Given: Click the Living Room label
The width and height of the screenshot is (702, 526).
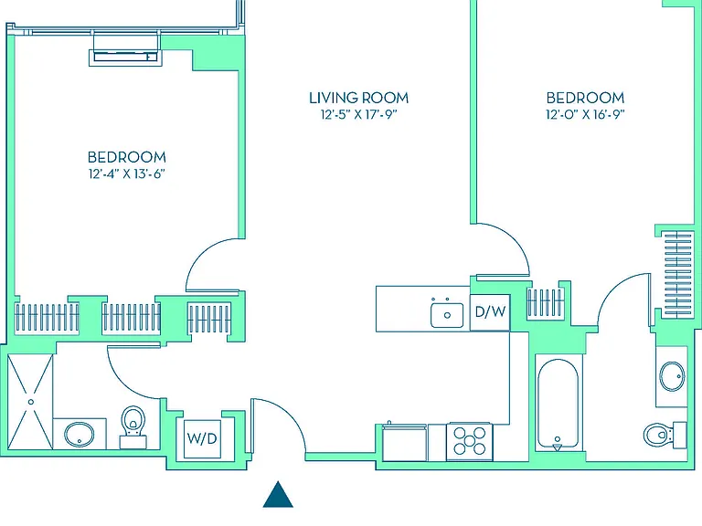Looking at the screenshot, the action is (x=358, y=98).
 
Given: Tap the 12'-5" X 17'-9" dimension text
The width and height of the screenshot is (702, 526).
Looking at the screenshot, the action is (x=358, y=115).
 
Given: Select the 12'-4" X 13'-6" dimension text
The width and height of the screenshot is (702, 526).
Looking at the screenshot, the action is (x=127, y=174).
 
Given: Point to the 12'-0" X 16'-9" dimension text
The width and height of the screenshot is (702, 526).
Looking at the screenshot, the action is (x=585, y=114).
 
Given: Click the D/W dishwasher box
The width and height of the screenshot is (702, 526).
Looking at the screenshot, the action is (x=490, y=311).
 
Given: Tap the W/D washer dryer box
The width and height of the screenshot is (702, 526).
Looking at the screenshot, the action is (x=202, y=438).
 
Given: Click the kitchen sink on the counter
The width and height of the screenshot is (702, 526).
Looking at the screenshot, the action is (x=447, y=314).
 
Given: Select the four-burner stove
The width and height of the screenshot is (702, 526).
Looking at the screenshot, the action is (x=469, y=441).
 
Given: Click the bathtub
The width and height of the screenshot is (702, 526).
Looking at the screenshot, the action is (x=558, y=404).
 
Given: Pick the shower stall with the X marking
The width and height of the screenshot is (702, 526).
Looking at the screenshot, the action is (x=30, y=402).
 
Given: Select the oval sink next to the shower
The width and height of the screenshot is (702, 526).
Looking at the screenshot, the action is (x=80, y=434).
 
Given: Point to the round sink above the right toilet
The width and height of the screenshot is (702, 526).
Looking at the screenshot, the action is (x=673, y=376).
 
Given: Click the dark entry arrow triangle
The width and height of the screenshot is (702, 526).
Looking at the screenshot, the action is (x=278, y=494).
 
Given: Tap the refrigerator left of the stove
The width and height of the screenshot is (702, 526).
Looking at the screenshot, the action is (x=405, y=442).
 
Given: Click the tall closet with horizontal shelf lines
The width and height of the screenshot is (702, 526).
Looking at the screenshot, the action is (x=678, y=275).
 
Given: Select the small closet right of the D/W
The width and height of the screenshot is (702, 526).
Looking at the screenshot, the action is (x=546, y=303).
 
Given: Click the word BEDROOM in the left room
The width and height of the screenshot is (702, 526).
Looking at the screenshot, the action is (x=127, y=157).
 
